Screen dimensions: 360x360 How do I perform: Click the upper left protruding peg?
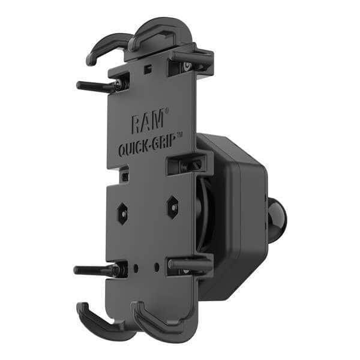point(96,85)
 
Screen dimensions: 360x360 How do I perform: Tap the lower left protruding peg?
point(95,269)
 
